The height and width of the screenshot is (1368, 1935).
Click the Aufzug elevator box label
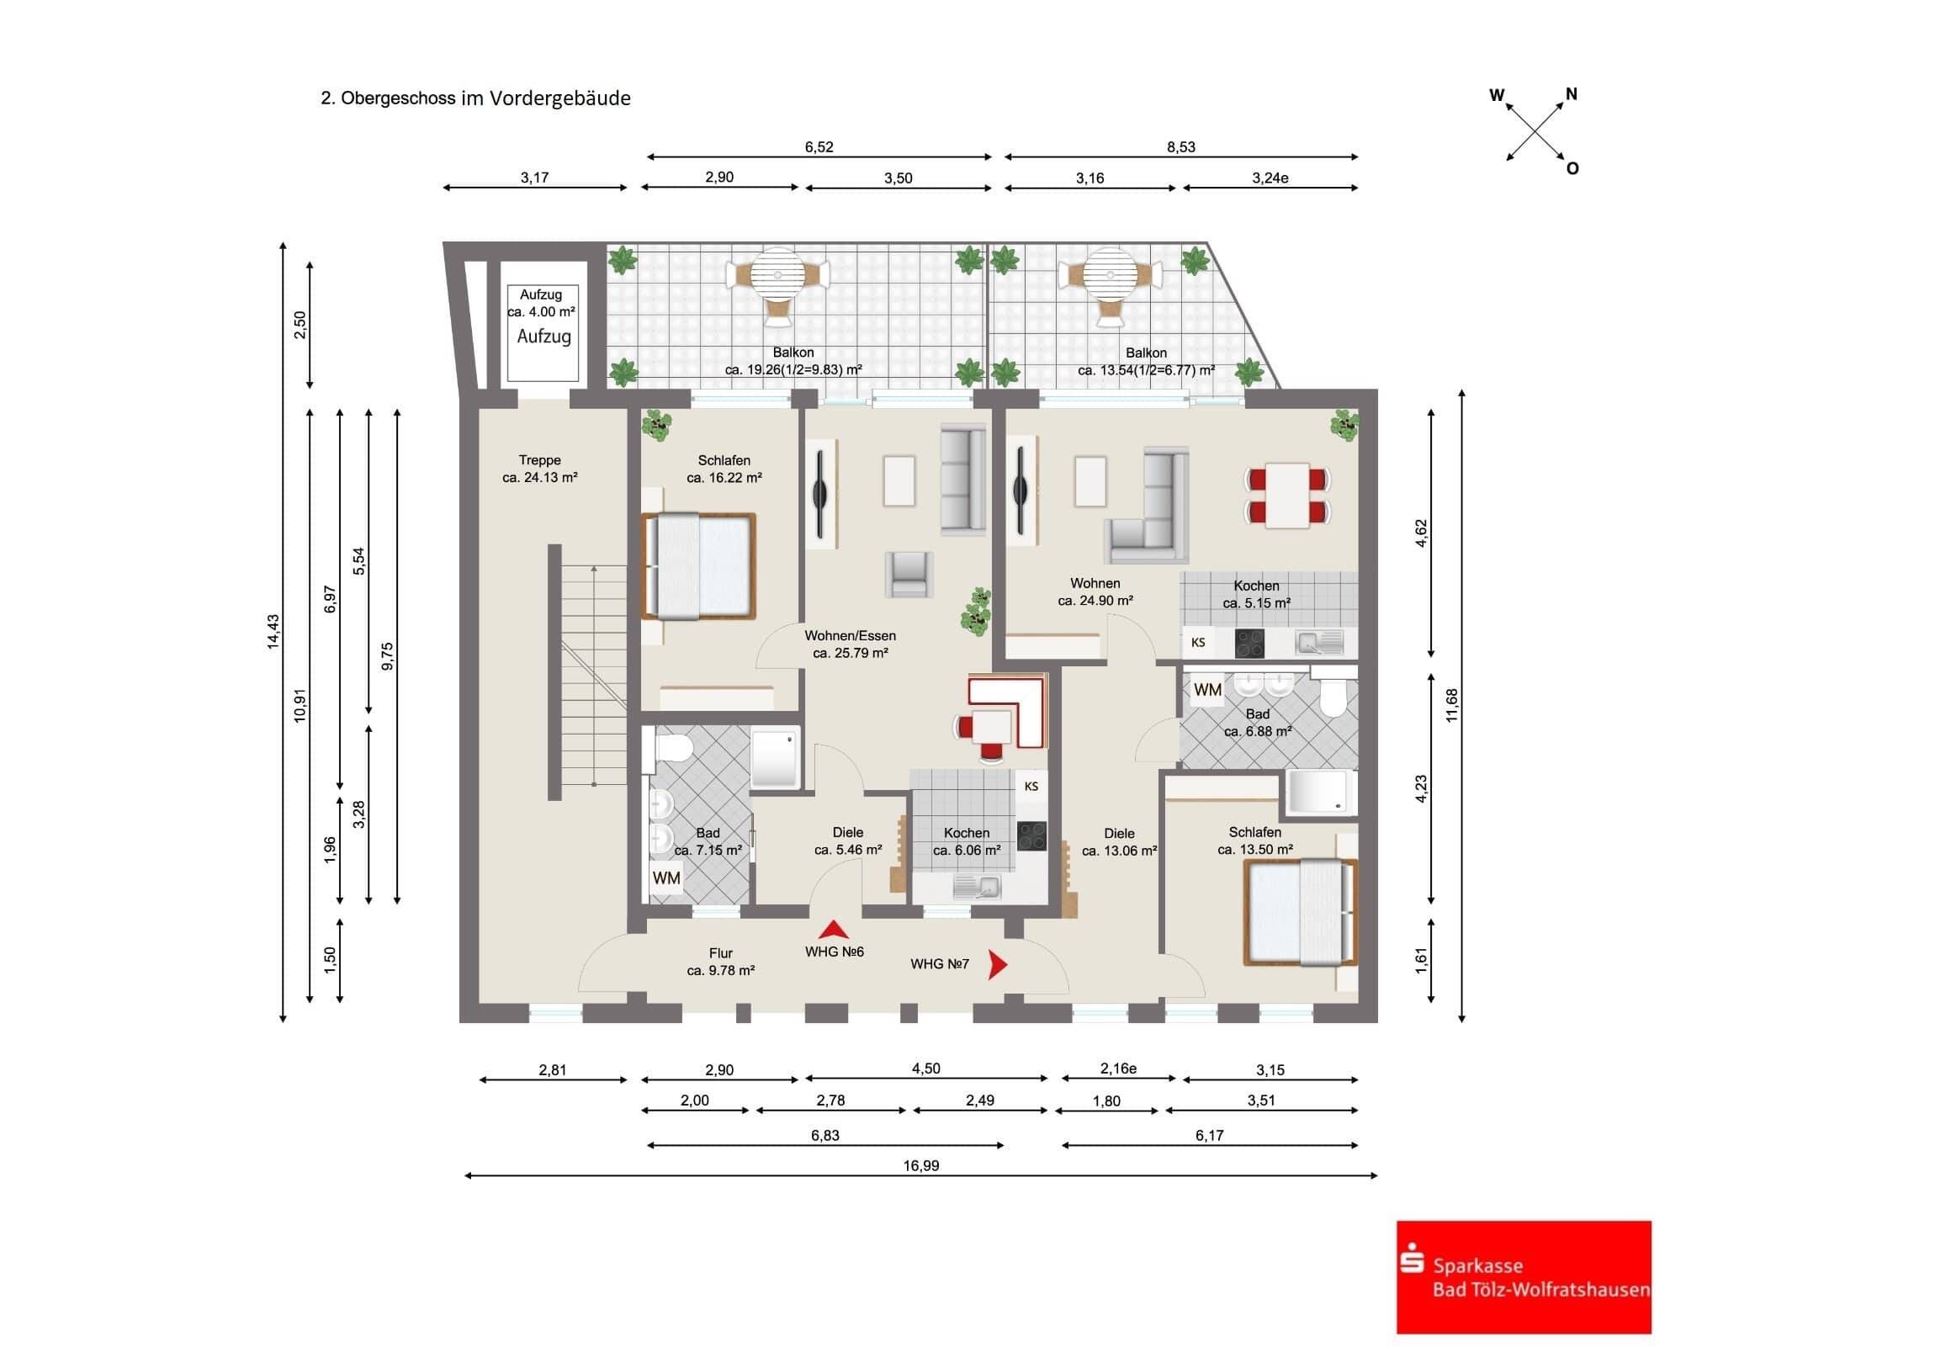click(543, 337)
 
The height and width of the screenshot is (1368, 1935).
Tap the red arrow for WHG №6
click(834, 930)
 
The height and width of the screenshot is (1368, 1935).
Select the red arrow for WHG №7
click(998, 964)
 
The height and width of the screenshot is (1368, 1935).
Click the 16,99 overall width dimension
click(920, 1166)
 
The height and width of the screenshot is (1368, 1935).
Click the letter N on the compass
click(1571, 94)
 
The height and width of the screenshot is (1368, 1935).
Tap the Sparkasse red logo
click(1523, 1276)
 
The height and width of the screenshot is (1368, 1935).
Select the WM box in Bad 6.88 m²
click(1206, 690)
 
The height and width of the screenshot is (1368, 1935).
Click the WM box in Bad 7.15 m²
click(665, 878)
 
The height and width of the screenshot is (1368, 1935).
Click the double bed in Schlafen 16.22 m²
click(699, 565)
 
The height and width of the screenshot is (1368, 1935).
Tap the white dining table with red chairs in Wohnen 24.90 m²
click(1288, 495)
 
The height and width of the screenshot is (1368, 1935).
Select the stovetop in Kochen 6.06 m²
click(1031, 835)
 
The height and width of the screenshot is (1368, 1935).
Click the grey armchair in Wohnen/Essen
click(909, 574)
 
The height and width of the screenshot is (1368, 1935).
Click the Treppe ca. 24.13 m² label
click(539, 469)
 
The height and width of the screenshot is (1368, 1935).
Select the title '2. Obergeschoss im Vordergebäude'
click(475, 98)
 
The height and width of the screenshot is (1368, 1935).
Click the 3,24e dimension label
click(1270, 178)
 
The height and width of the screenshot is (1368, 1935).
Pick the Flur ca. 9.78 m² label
click(720, 962)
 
